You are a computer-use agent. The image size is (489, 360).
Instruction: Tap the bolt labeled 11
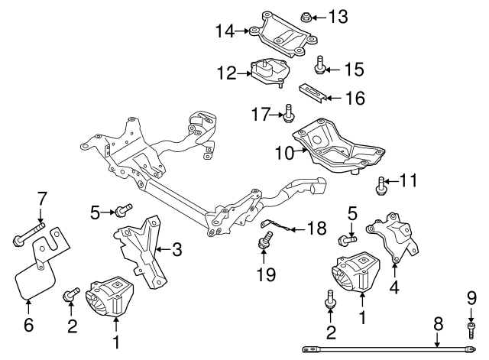(x=381, y=183)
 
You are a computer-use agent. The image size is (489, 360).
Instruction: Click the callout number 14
(x=225, y=31)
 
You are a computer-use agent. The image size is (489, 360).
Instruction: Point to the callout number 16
(x=355, y=99)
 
